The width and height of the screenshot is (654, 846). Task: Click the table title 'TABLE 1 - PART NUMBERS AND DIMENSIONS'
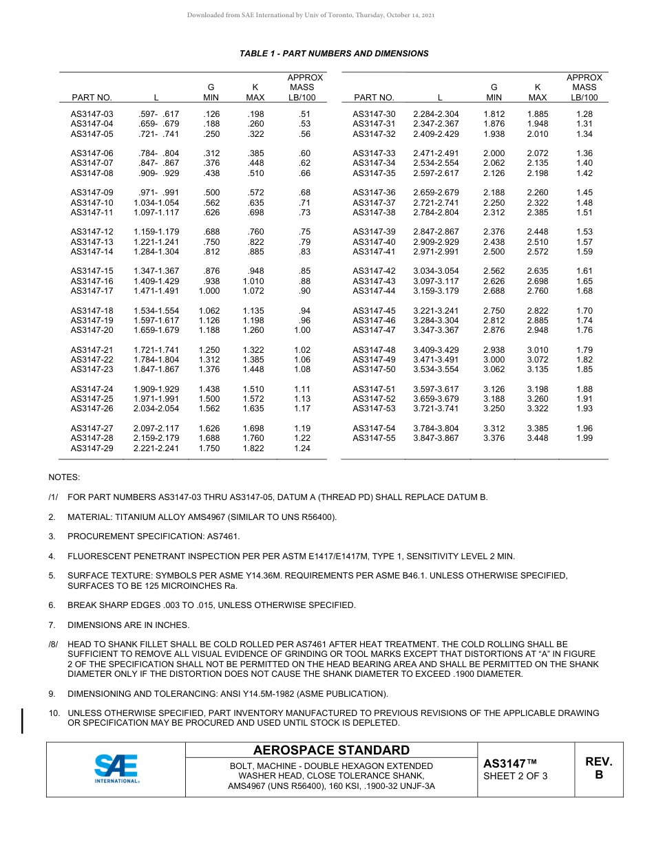(x=334, y=54)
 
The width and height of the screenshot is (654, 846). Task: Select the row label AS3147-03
(x=92, y=114)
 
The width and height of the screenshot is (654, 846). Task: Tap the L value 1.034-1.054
(x=156, y=203)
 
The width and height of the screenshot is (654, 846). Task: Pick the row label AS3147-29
(x=92, y=448)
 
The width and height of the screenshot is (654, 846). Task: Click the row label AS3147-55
(x=374, y=438)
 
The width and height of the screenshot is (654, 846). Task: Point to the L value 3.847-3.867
(x=436, y=438)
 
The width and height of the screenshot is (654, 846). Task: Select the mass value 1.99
(x=584, y=438)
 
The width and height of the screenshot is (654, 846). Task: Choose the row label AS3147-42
(x=374, y=271)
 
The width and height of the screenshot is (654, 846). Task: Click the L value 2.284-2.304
(x=436, y=114)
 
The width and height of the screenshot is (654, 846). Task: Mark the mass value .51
(x=305, y=114)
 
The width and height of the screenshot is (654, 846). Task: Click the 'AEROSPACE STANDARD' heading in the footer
(x=331, y=750)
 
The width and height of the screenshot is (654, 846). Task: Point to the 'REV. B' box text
(x=598, y=768)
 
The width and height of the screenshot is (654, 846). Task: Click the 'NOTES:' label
(x=64, y=477)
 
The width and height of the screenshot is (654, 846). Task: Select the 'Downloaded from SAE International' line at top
(x=310, y=15)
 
